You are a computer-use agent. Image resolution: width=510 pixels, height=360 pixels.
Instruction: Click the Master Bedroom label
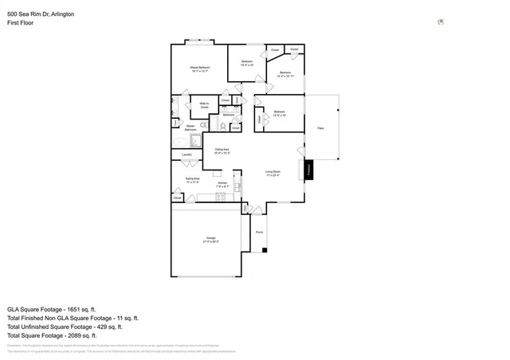[199, 68]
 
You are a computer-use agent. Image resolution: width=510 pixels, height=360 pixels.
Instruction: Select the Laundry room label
[187, 155]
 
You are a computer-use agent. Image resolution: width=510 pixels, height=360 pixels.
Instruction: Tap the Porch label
[259, 233]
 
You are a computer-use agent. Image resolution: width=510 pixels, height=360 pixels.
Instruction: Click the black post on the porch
[265, 249]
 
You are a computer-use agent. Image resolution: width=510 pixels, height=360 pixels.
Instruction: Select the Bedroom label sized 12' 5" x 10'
[279, 112]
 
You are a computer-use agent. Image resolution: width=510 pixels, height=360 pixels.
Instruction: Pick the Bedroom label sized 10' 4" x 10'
[247, 62]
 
